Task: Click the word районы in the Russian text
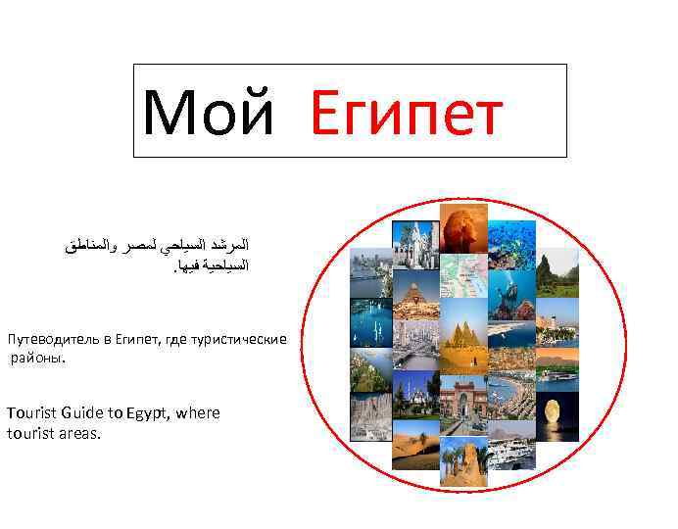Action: tap(35, 359)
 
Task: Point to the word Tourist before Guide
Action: tap(33, 412)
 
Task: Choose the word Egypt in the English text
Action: tap(151, 413)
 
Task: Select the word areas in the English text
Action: tap(79, 432)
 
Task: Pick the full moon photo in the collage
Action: tap(557, 412)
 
